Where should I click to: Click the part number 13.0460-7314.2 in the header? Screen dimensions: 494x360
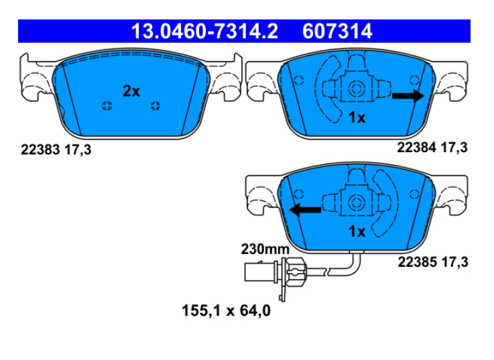coord(204,32)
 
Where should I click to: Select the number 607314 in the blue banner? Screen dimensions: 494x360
coord(337,32)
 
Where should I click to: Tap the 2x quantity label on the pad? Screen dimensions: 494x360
coord(131,91)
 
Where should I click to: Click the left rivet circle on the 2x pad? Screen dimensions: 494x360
coord(107,106)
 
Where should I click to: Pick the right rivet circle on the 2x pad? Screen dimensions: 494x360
coord(156,106)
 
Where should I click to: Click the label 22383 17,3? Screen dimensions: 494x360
coord(56,149)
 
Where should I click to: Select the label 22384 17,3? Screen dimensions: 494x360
coord(432,147)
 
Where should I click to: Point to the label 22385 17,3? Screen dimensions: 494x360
coord(433,262)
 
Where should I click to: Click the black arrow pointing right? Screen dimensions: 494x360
coord(408,96)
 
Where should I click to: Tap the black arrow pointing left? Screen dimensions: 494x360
coord(305,210)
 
